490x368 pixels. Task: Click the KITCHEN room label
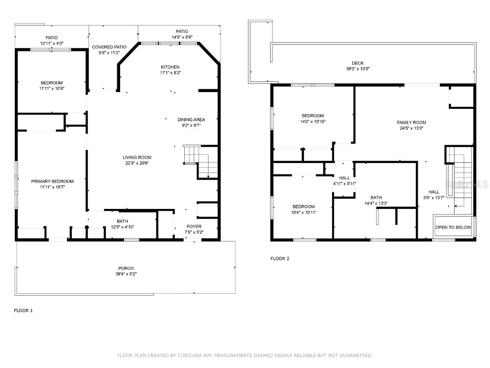coord(170,67)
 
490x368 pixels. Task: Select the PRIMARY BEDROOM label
coord(52,181)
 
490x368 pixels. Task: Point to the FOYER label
coord(194,227)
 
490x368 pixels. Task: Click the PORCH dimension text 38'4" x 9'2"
coord(126,274)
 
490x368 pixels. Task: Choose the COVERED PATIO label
coord(109,47)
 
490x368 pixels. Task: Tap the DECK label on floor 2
coord(357,63)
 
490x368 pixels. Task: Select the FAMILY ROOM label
coord(411,122)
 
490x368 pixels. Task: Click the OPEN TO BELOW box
coord(453,227)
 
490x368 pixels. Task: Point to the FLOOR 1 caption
coord(23,310)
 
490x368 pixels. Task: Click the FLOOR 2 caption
coord(280,259)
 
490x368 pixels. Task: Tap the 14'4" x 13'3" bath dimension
coord(376,203)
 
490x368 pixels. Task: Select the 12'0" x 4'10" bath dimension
coord(122,227)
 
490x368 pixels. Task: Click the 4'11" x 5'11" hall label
coord(345,184)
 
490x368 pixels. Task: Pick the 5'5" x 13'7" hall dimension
coord(434,197)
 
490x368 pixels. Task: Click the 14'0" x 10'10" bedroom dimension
coord(312,122)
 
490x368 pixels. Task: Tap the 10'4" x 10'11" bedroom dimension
coord(303,212)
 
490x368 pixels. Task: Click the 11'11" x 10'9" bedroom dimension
coord(51,89)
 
